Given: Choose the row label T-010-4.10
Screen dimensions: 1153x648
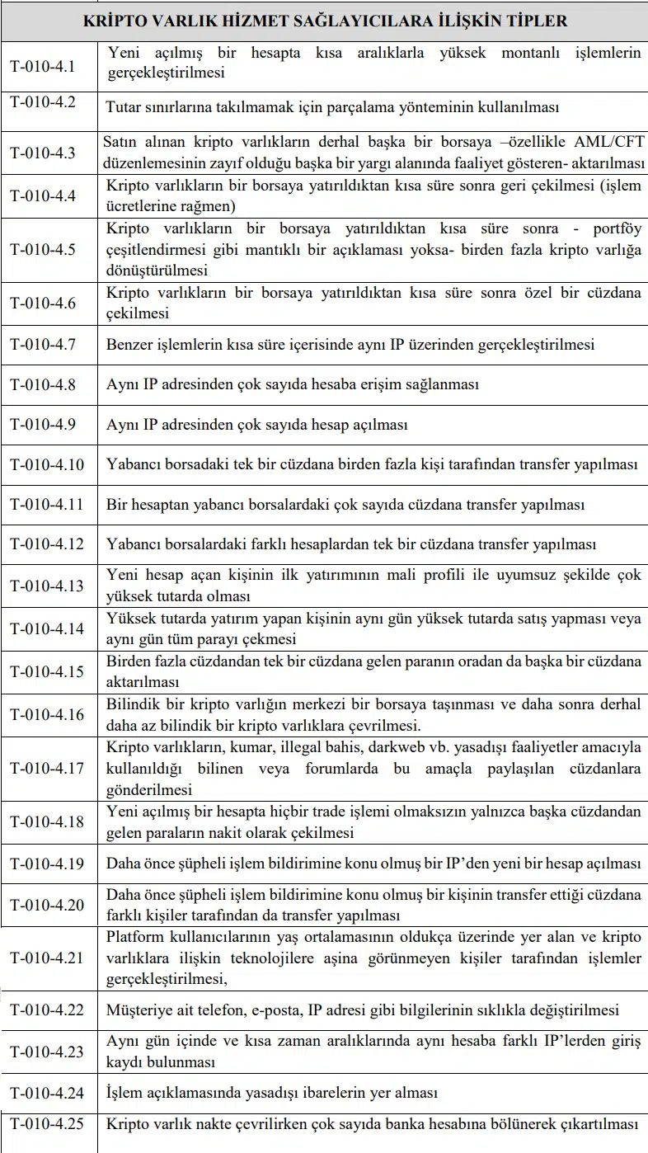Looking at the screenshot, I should pos(47,464).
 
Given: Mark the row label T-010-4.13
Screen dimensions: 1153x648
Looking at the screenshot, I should pos(47,586).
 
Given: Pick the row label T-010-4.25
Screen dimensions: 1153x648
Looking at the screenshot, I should pos(47,1122).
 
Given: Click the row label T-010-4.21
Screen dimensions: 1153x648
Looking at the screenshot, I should pos(47,958).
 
